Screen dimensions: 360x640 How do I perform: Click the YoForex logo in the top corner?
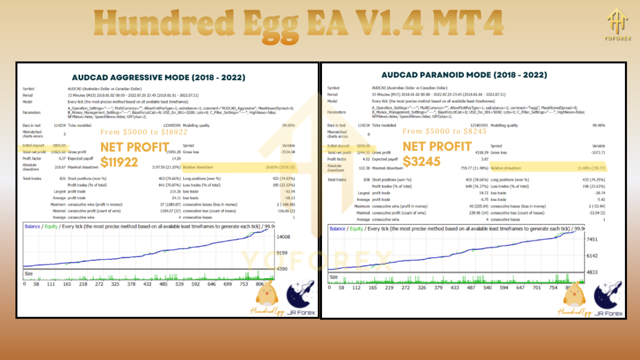pos(617,23)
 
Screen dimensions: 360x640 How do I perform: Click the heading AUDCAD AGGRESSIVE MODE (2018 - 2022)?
pos(158,77)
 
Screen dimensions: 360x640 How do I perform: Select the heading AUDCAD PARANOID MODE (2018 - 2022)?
pos(464,75)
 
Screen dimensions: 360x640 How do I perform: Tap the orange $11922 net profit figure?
pos(119,162)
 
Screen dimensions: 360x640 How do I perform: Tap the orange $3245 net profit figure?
pos(421,161)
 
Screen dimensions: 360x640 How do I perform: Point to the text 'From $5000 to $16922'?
pos(143,132)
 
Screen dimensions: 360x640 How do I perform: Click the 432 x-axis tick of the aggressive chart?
pos(147,283)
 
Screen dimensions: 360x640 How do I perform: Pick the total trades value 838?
pos(366,179)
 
